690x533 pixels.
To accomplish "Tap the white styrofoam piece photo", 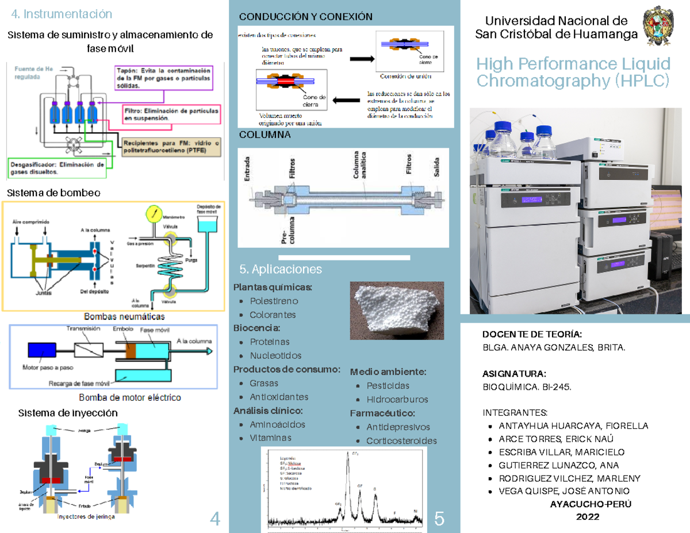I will point(396,311).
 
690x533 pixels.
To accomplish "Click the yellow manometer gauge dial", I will point(153,213).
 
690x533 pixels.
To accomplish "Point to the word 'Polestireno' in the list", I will point(274,301).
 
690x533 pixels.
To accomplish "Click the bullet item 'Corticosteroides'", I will point(401,440).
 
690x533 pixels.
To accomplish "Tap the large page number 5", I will point(439,519).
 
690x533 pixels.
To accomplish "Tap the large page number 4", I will point(216,519).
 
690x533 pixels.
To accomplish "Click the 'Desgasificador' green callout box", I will point(57,167).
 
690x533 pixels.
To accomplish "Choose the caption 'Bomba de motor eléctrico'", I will point(129,397).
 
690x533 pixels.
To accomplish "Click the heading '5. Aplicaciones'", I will point(281,269).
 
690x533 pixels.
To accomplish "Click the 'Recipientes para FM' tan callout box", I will point(170,147).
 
